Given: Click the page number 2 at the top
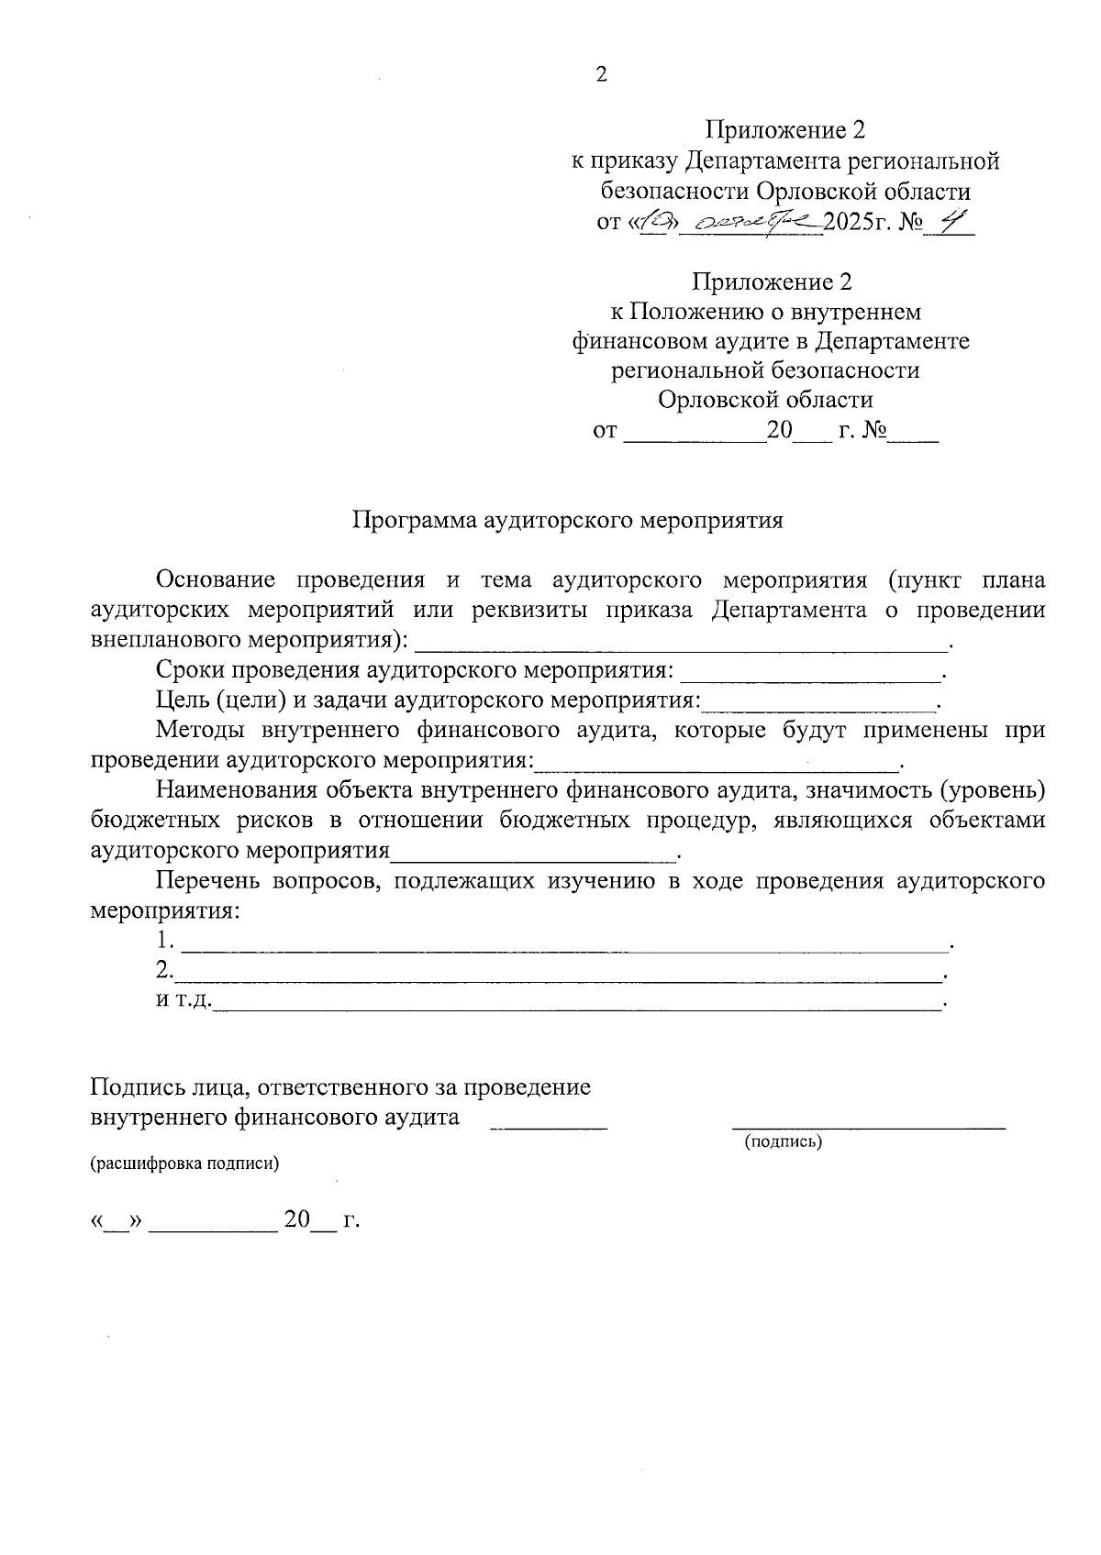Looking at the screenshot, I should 602,75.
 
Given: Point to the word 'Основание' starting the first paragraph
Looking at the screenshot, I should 216,580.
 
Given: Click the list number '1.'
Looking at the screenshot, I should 165,941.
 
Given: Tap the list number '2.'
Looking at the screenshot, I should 165,970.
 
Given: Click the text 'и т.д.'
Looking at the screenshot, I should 183,1000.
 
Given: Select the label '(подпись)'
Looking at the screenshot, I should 783,1141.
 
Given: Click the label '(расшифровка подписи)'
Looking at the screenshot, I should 183,1164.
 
